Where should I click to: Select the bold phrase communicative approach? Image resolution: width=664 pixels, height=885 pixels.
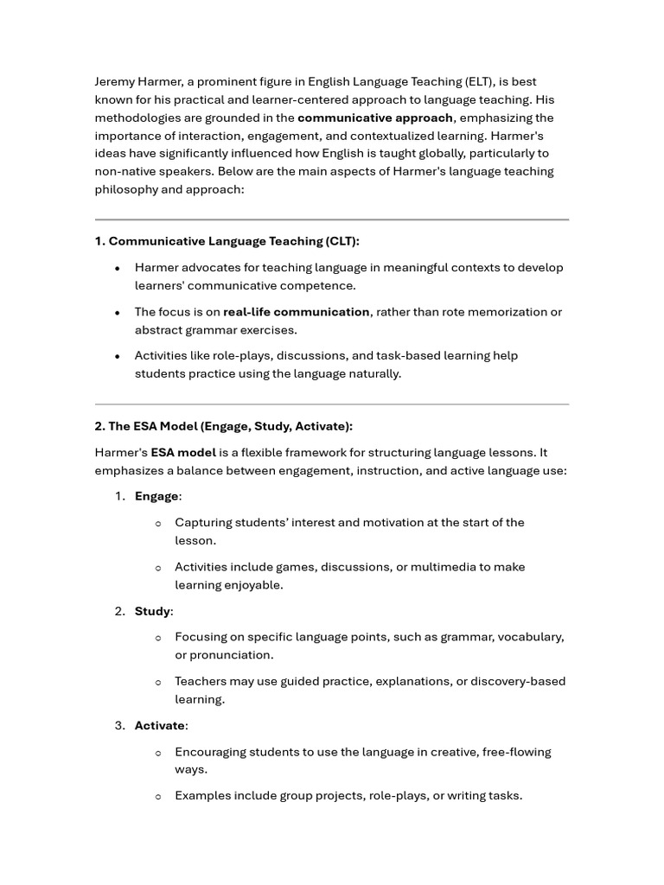[x=375, y=118]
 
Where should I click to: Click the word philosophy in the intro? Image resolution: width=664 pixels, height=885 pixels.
[x=125, y=189]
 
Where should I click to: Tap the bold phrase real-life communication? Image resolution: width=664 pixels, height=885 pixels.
[x=297, y=312]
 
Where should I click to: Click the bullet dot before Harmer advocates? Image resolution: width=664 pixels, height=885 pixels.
[x=117, y=269]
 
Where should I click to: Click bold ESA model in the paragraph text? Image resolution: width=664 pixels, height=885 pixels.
[x=183, y=452]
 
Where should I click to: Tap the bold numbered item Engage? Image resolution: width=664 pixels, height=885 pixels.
[x=156, y=496]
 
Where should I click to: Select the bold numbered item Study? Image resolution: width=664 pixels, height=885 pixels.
[x=152, y=611]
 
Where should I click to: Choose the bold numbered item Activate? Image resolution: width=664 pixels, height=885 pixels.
[x=160, y=725]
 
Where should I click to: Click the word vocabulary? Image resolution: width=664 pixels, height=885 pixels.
[x=528, y=637]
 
